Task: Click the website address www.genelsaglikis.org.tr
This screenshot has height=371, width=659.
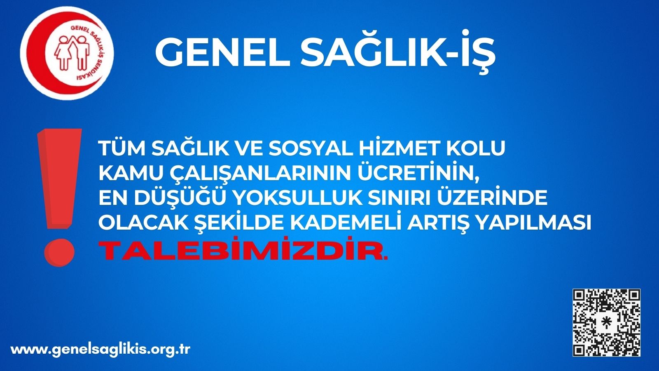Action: [x=100, y=350]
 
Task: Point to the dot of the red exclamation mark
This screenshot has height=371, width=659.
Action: [x=59, y=252]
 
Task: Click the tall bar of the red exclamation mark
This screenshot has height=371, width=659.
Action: [x=60, y=179]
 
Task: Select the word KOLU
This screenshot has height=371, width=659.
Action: [x=476, y=148]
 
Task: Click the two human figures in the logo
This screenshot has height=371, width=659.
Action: [x=72, y=53]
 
